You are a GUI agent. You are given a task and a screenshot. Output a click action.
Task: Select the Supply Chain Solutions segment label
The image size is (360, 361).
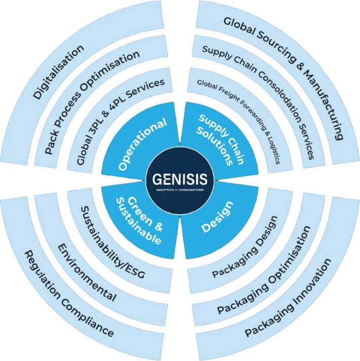coord(217,139)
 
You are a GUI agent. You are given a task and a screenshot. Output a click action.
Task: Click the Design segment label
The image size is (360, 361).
coord(217,217)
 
